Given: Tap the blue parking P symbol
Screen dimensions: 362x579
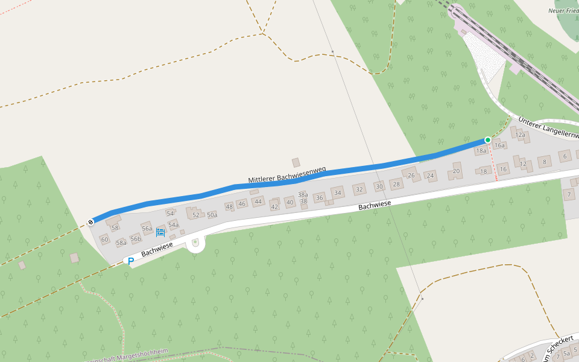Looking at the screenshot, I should (130, 261).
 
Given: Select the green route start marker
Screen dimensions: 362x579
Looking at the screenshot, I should (488, 140).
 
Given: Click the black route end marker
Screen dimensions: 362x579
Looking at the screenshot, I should (90, 222).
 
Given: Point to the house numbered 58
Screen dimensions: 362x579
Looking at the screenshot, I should (115, 227).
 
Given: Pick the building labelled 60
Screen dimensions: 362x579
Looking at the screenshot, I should (104, 240).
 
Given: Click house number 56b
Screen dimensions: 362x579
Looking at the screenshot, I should (136, 239).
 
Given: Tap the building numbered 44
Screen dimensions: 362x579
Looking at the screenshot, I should (258, 201).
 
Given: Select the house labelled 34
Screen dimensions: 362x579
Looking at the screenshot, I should (338, 193).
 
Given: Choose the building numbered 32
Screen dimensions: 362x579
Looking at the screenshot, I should (359, 189).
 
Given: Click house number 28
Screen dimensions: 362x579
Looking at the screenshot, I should (396, 184).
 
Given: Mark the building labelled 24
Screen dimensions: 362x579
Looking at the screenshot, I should (430, 176).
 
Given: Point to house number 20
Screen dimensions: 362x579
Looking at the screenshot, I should (456, 171).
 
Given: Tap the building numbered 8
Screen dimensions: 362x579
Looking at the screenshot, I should (545, 161).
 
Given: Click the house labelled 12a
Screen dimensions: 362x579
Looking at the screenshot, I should (521, 135).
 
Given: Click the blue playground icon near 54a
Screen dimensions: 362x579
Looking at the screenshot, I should (160, 232).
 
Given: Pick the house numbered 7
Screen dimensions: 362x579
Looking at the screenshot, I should (569, 194).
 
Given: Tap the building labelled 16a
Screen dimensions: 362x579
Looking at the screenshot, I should (499, 145).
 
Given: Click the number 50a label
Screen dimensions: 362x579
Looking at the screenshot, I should (212, 215).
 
